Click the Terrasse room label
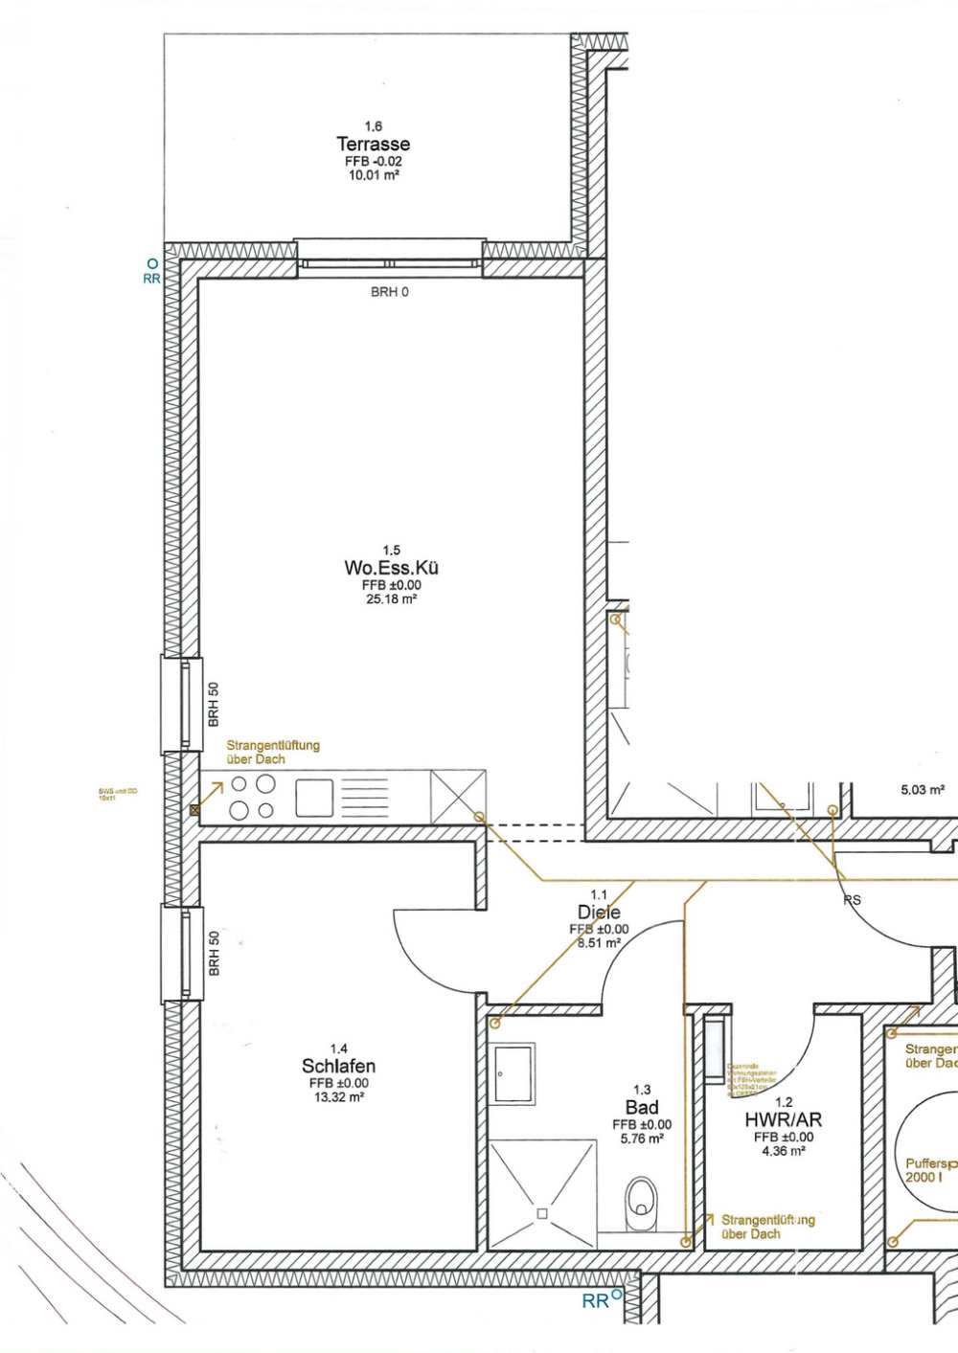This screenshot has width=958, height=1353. (x=373, y=144)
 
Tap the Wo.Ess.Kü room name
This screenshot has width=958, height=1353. (x=391, y=568)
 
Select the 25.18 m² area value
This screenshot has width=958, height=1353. (x=391, y=599)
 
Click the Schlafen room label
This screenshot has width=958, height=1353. (x=338, y=1066)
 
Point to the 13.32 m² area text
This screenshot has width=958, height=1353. (x=338, y=1097)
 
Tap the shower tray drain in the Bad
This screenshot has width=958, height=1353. (x=542, y=1213)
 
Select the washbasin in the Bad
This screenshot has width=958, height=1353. (x=513, y=1073)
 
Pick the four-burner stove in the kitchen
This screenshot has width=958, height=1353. (x=252, y=797)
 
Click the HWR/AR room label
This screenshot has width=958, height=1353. (x=783, y=1119)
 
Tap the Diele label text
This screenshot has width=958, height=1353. (x=599, y=913)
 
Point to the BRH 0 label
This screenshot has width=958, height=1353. (x=390, y=292)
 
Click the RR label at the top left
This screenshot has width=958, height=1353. (x=151, y=279)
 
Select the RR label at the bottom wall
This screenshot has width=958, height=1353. (x=595, y=1301)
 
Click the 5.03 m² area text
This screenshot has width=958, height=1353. (x=922, y=790)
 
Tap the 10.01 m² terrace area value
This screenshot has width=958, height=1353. (x=373, y=176)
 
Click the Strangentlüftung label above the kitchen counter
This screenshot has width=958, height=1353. (x=273, y=752)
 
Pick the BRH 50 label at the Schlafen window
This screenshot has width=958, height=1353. (x=215, y=953)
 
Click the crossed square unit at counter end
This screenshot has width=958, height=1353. (x=458, y=797)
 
